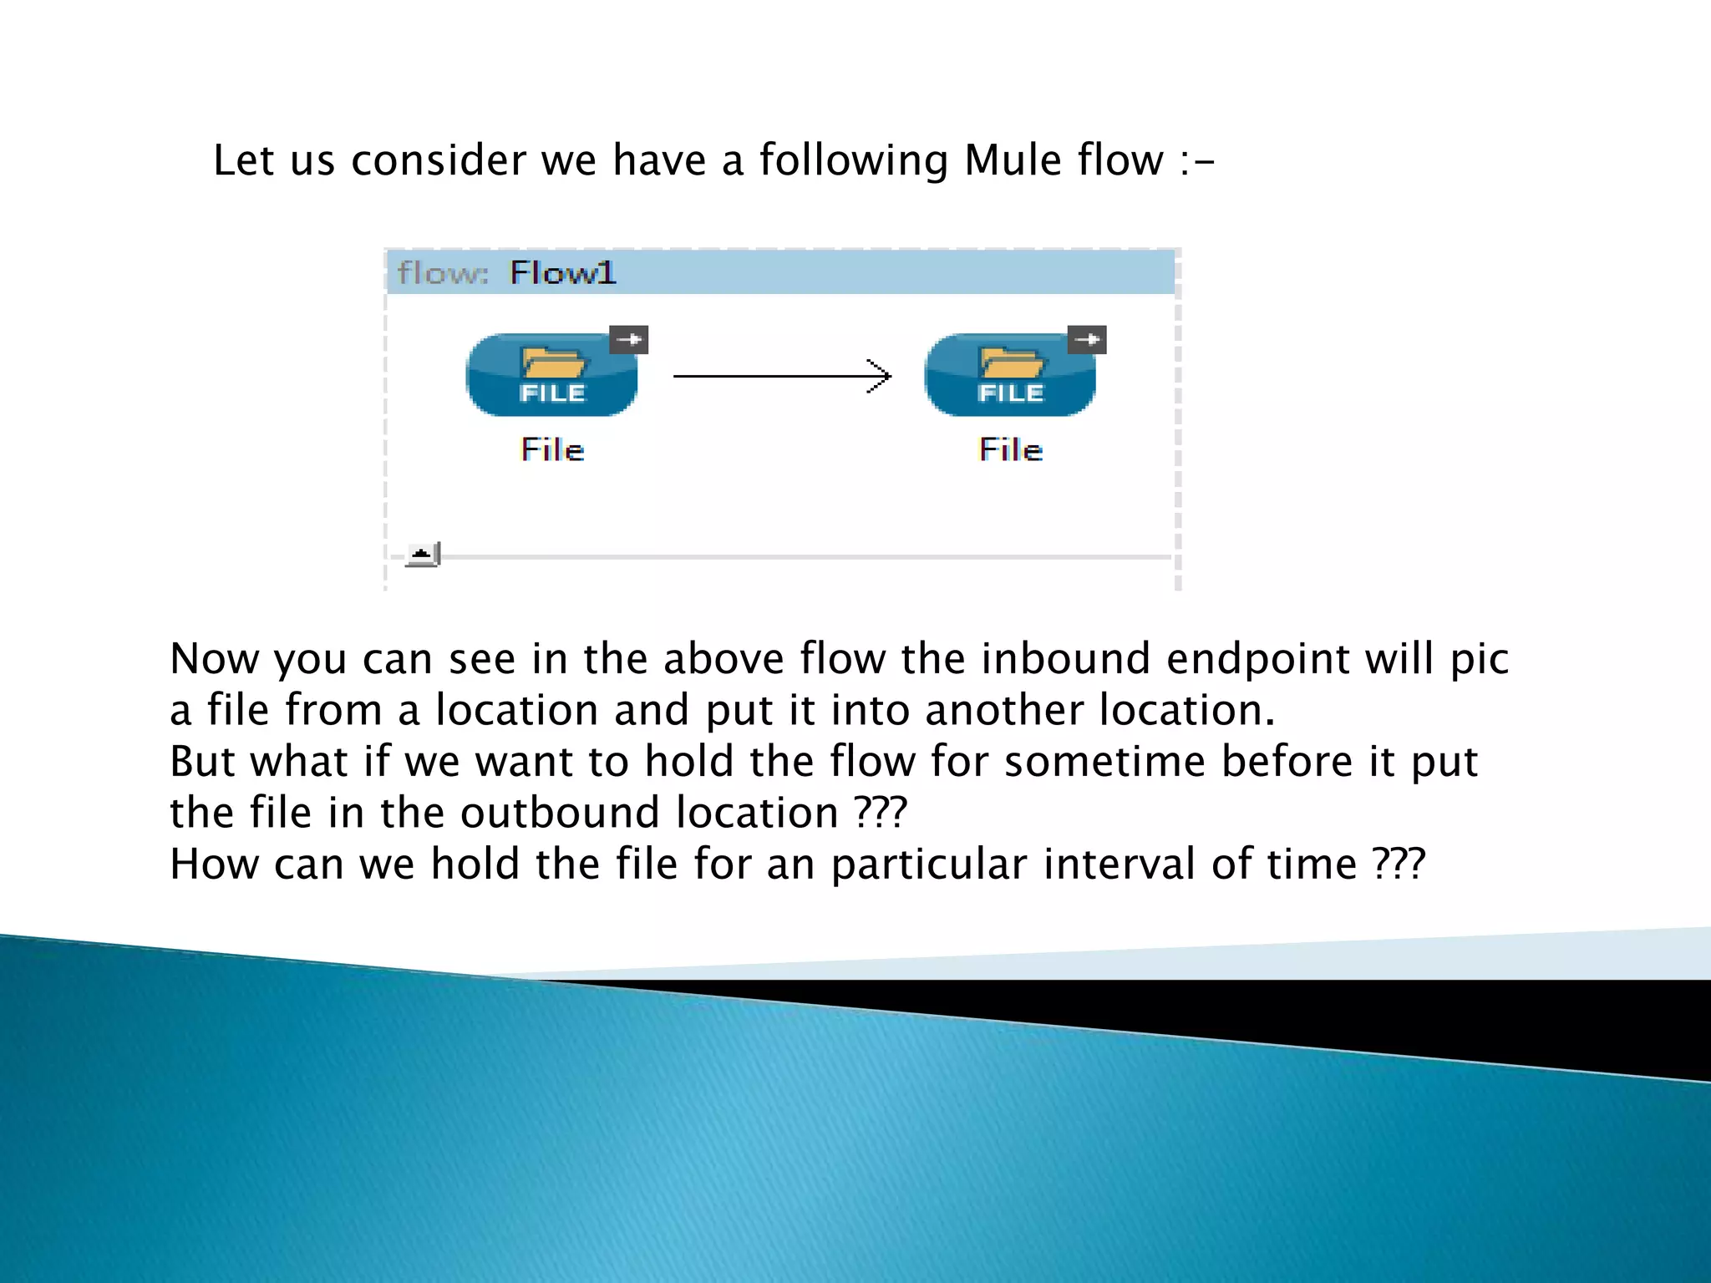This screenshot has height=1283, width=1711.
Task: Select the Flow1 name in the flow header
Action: click(x=562, y=273)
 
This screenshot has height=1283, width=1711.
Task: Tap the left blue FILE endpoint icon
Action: click(x=551, y=375)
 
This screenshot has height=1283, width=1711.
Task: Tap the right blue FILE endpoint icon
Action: click(x=1009, y=375)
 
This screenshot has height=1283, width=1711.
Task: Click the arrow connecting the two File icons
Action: click(x=782, y=377)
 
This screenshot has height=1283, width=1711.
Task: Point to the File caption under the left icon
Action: click(x=552, y=449)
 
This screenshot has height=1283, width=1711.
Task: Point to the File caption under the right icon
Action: click(x=1010, y=449)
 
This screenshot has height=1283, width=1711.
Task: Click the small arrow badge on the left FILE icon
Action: click(x=629, y=339)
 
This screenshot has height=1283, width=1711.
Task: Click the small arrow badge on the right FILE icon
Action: click(x=1087, y=339)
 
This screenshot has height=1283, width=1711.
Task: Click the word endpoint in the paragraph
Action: click(x=1257, y=660)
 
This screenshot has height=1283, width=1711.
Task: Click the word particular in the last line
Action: click(x=928, y=865)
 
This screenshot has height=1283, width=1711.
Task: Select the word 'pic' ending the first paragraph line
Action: click(x=1480, y=660)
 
